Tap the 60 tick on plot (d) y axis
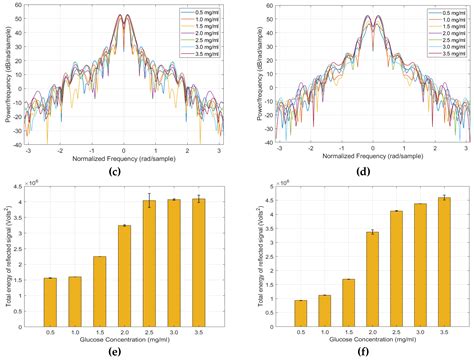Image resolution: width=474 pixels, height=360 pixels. pyautogui.click(x=253, y=6)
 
